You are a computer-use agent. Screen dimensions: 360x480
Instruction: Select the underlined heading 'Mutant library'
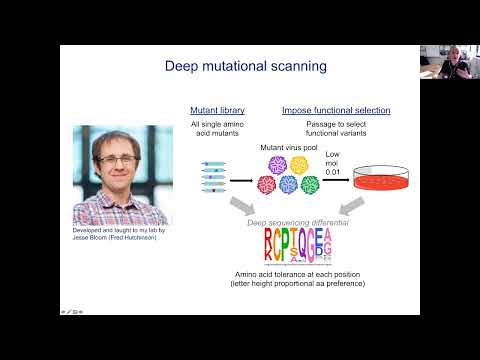(217, 110)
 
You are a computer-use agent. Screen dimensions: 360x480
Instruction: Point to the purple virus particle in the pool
(242, 184)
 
